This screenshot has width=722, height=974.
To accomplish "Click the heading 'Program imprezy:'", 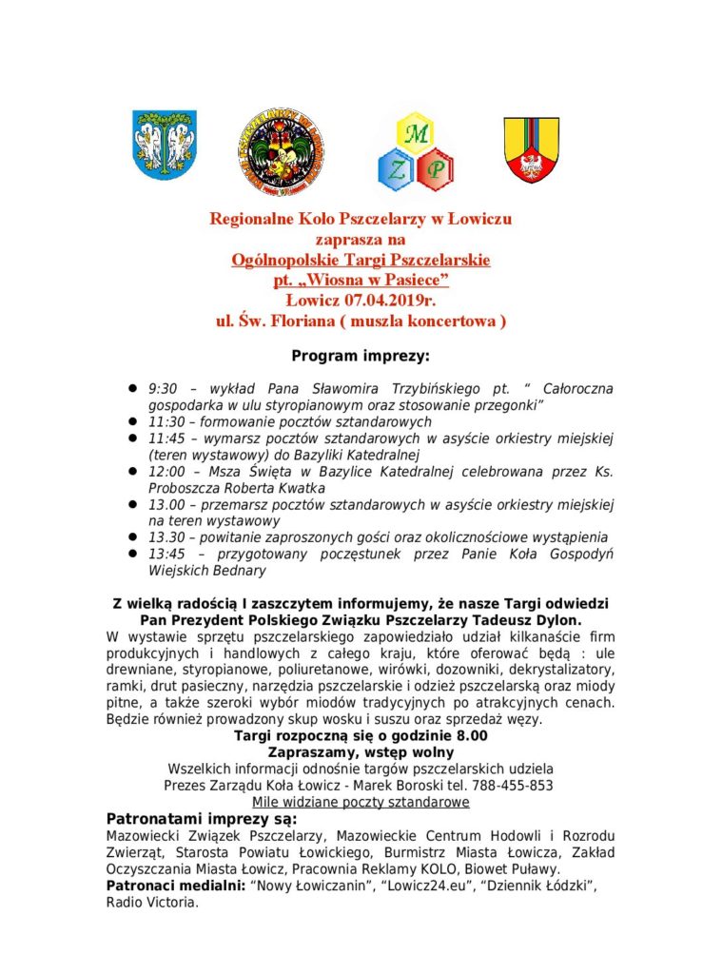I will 361,356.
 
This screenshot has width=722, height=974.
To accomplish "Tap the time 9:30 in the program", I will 164,389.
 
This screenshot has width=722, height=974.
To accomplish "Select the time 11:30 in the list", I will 166,421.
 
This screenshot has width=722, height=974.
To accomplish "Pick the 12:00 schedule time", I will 166,471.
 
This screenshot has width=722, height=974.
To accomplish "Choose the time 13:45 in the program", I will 166,554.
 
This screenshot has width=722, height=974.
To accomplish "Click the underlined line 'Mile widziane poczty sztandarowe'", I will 361,802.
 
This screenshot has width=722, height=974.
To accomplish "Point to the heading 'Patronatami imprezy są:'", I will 201,819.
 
